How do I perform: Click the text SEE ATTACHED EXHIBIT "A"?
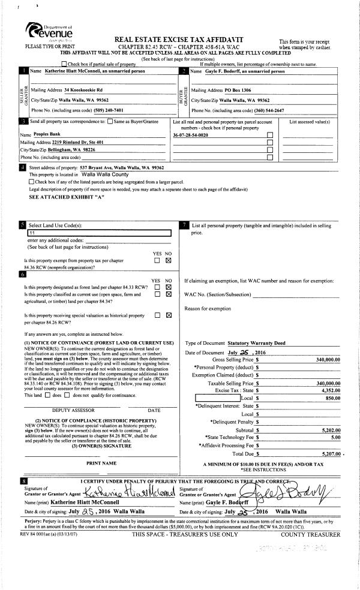coord(67,196)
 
